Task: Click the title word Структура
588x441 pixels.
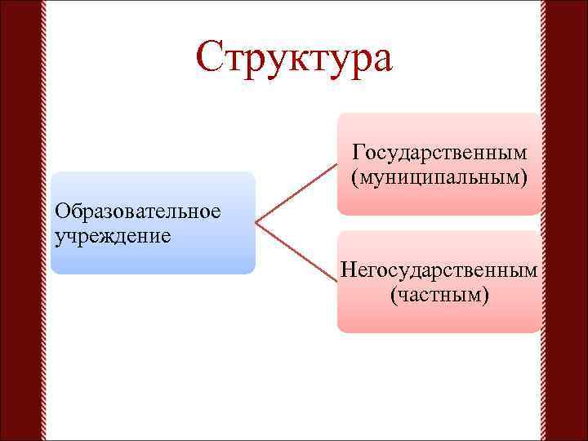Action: (294, 58)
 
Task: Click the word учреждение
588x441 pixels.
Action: (113, 236)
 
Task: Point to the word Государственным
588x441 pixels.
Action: (439, 153)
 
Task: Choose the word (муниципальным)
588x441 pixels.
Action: (439, 177)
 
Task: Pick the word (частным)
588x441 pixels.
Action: (439, 293)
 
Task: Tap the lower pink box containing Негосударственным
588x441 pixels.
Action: (439, 318)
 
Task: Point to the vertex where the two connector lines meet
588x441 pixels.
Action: (256, 222)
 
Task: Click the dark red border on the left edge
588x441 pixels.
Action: (20, 220)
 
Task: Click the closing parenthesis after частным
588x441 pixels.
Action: (486, 293)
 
